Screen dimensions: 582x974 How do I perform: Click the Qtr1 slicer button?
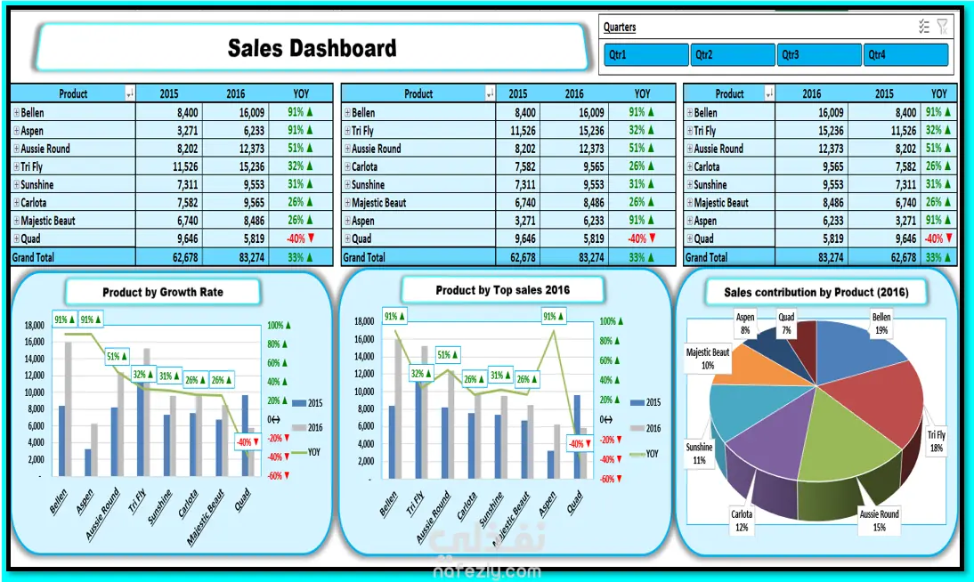tap(645, 55)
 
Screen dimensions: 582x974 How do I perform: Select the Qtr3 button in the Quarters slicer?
tap(818, 55)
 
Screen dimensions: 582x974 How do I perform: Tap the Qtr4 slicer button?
tap(905, 55)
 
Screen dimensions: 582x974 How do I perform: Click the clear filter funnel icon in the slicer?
tap(943, 27)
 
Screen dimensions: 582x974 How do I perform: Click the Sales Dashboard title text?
tap(312, 48)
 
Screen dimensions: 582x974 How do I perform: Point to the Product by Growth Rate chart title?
tap(163, 292)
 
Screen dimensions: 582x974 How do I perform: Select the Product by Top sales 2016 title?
tap(503, 290)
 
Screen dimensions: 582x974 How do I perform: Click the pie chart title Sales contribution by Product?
tap(816, 292)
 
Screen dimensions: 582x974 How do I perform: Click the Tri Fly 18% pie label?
tap(936, 441)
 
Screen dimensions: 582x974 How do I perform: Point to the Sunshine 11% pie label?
tap(699, 454)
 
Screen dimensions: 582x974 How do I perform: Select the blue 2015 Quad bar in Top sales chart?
tap(576, 435)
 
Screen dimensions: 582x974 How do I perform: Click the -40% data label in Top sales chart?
tap(576, 443)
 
